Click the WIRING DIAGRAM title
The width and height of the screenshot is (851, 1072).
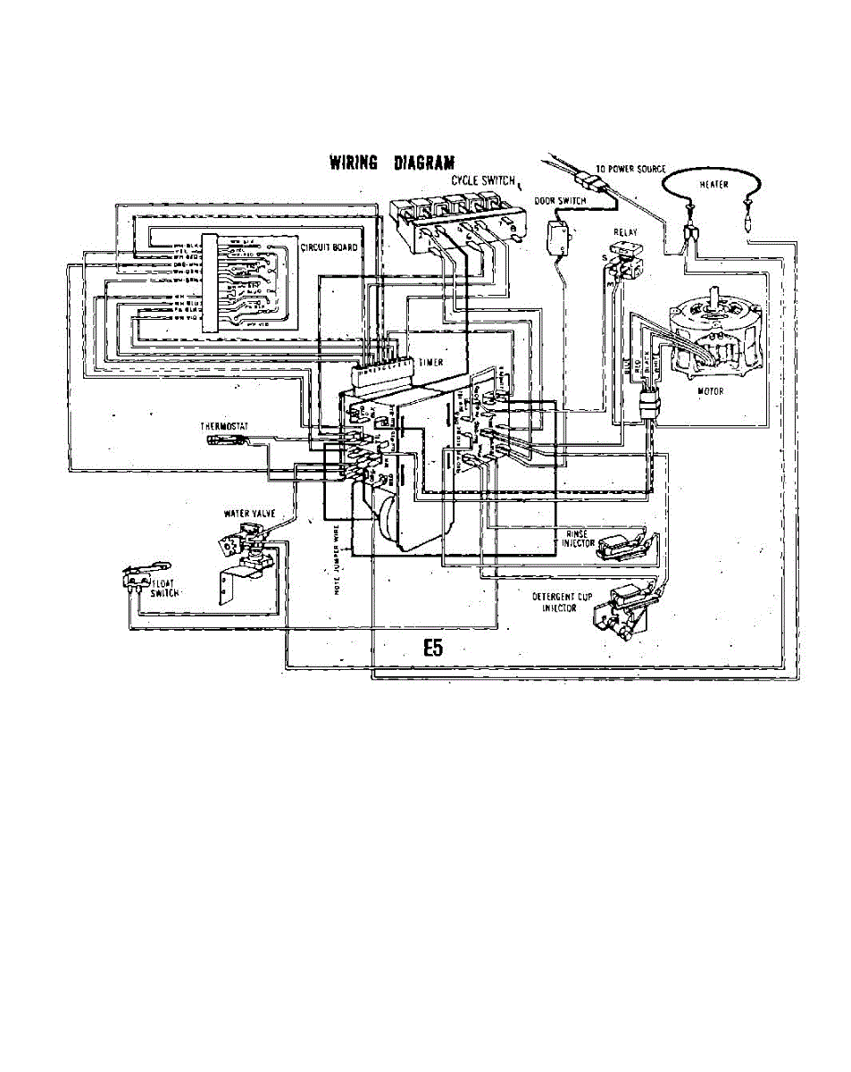click(392, 163)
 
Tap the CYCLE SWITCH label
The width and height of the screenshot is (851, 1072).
click(483, 180)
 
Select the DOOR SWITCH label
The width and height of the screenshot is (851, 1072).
click(559, 201)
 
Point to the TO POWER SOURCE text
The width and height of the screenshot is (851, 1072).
click(630, 169)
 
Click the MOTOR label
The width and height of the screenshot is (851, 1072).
click(712, 390)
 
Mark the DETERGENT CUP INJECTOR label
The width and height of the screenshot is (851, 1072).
click(558, 601)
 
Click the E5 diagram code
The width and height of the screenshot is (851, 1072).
click(432, 649)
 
